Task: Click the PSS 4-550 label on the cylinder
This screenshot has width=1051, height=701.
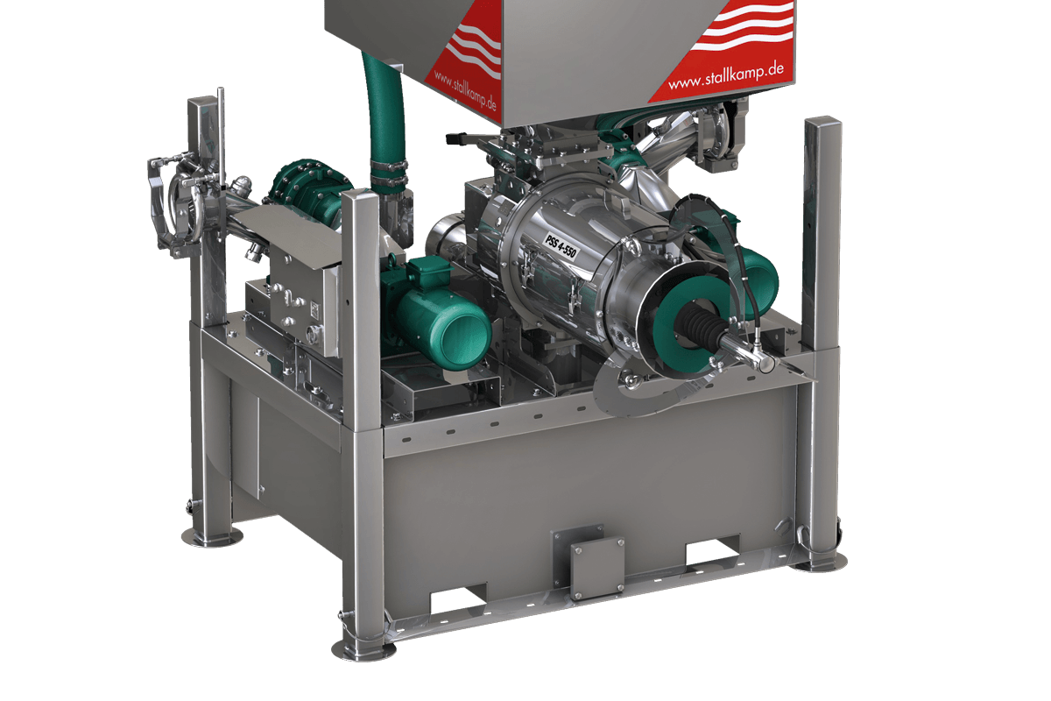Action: point(560,246)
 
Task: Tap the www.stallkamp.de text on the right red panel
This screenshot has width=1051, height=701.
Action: point(726,76)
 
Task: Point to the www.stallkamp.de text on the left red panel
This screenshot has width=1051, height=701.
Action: point(464,90)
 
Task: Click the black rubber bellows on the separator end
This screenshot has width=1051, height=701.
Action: point(699,323)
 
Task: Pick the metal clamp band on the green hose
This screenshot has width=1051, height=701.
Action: point(389,173)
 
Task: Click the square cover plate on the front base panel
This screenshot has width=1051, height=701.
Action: point(596,569)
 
